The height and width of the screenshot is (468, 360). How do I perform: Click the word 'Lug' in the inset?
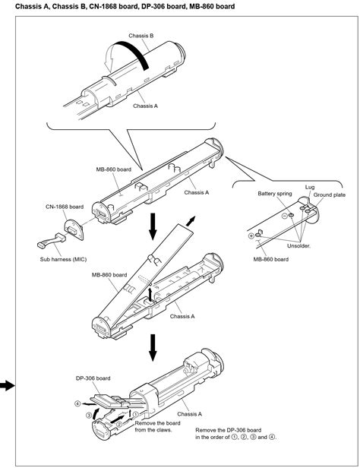pyautogui.click(x=311, y=186)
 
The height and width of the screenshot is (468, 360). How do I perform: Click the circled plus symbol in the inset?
pyautogui.click(x=251, y=236)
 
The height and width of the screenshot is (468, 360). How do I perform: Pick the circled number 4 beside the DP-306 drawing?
pyautogui.click(x=77, y=403)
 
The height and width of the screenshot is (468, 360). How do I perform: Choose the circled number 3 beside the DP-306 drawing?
pyautogui.click(x=88, y=416)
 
